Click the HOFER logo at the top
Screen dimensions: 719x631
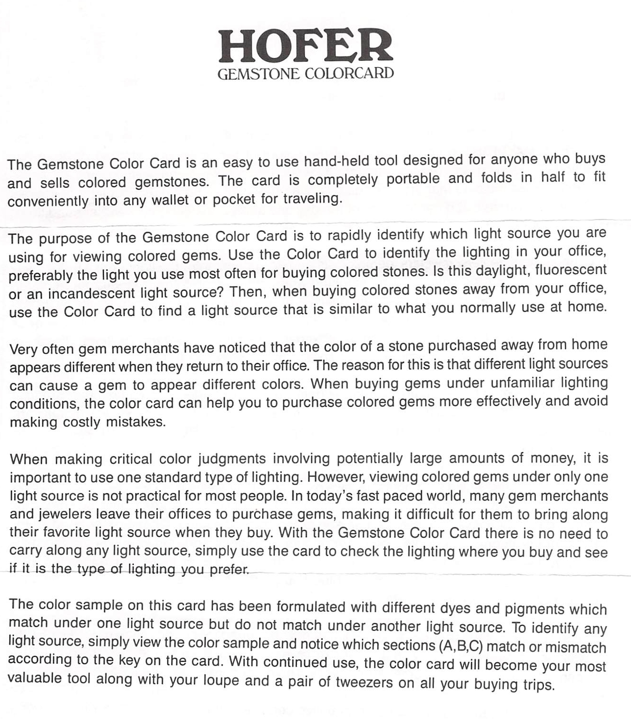click(306, 47)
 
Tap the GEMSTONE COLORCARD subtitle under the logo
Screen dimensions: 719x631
click(306, 74)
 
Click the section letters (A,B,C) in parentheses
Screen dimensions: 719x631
click(460, 646)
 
